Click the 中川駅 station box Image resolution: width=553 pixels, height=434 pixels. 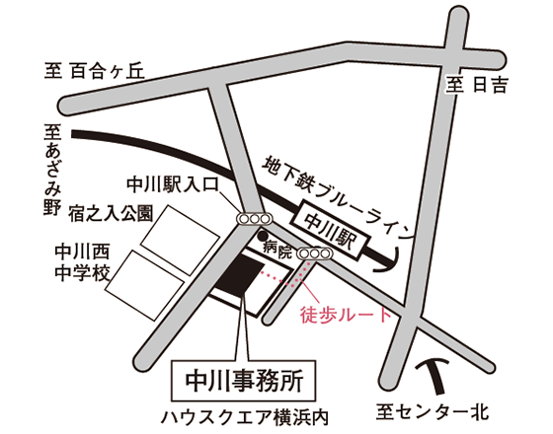pyautogui.click(x=330, y=231)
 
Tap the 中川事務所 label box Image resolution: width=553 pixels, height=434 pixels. pyautogui.click(x=243, y=381)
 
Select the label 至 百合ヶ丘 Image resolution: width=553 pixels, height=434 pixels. pyautogui.click(x=95, y=71)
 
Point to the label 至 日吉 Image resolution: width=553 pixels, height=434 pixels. pyautogui.click(x=476, y=85)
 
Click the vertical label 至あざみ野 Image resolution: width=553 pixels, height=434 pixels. pyautogui.click(x=53, y=170)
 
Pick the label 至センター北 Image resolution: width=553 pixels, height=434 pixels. pyautogui.click(x=433, y=412)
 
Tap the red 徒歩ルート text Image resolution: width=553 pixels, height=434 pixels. pyautogui.click(x=346, y=315)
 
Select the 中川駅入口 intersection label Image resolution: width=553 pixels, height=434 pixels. pyautogui.click(x=173, y=184)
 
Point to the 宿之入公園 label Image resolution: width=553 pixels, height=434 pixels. pyautogui.click(x=111, y=213)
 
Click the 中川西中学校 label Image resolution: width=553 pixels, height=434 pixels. pyautogui.click(x=82, y=262)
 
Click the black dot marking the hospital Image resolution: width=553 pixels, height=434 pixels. pyautogui.click(x=262, y=235)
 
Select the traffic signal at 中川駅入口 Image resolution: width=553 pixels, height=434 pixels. pyautogui.click(x=255, y=219)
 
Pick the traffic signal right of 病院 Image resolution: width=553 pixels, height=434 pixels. pyautogui.click(x=315, y=253)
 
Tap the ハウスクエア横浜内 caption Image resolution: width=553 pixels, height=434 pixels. pyautogui.click(x=245, y=418)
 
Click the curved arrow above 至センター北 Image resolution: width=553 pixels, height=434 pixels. pyautogui.click(x=434, y=374)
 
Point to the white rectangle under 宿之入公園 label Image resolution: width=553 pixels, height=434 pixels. pyautogui.click(x=180, y=240)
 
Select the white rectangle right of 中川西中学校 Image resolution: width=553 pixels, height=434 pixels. pyautogui.click(x=144, y=285)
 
